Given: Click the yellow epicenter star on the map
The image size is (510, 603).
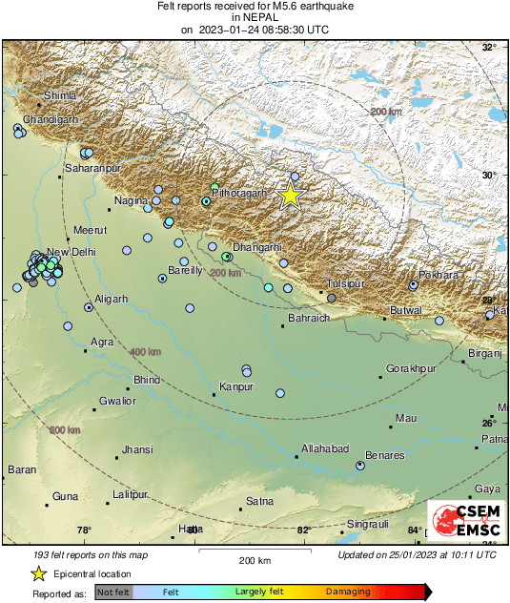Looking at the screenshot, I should (291, 195).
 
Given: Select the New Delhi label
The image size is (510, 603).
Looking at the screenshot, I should (72, 252).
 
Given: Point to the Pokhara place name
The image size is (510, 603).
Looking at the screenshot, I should (440, 275).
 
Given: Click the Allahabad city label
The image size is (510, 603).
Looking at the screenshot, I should (325, 448).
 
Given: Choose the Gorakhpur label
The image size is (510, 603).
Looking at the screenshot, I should (411, 368).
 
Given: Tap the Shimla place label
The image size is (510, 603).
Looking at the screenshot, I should (60, 95).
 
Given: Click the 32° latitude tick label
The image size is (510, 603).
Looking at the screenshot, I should (489, 48).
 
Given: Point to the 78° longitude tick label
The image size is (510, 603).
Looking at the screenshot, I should (84, 530).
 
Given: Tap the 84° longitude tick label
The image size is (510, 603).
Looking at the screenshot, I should (415, 530).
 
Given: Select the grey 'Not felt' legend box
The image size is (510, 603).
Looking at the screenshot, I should (113, 593).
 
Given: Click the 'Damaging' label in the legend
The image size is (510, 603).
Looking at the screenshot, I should (349, 593).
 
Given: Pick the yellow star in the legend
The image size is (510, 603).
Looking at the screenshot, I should (39, 573).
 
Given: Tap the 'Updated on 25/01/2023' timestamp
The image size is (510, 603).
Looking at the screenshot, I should (417, 554).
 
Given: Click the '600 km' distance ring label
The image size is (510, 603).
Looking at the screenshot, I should (65, 430).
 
